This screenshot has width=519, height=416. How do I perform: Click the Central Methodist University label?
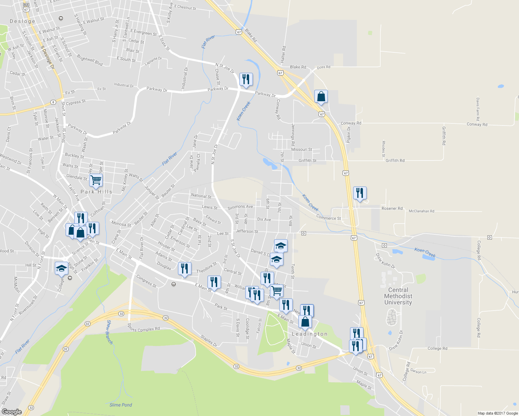point(398,296)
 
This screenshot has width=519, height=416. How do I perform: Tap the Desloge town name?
point(23,21)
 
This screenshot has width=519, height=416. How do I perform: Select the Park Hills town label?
point(96,192)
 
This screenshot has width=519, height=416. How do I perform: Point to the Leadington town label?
point(309,334)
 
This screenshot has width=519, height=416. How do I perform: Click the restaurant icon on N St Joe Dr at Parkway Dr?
point(246,79)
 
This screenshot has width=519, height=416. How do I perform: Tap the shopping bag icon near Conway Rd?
point(321,97)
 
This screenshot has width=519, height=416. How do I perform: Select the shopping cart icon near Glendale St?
point(96,180)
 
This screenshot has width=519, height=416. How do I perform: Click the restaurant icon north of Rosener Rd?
point(360,193)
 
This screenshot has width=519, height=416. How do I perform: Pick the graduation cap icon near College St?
point(62,268)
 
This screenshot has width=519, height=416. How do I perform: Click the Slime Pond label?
point(121,405)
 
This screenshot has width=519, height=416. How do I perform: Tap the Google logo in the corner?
point(12,411)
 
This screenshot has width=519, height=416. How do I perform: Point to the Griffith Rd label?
point(395,161)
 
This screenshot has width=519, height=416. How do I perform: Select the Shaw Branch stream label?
point(109,332)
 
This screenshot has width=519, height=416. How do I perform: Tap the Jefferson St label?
point(247,231)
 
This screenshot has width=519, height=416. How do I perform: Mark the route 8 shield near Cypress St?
point(53,102)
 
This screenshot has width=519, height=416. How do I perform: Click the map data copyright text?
point(497,413)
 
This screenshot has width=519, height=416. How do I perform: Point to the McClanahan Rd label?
point(421,211)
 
